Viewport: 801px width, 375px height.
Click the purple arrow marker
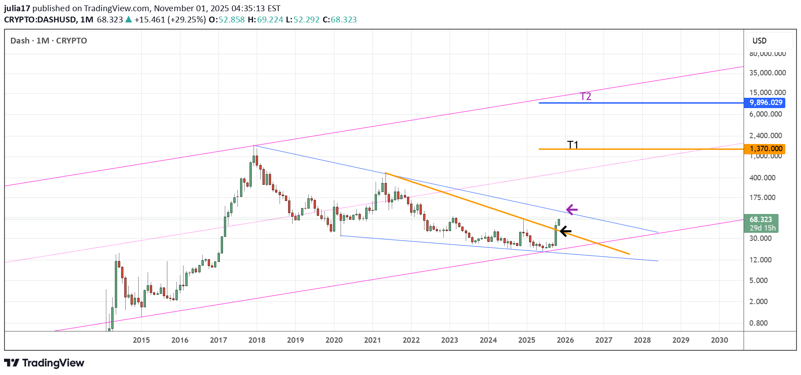coord(572,209)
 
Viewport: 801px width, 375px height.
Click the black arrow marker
coord(565,231)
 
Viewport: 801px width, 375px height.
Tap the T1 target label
coord(573,144)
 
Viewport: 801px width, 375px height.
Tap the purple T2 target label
coord(586,96)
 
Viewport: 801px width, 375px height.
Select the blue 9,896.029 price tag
coord(766,103)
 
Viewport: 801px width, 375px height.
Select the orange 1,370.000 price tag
coord(766,148)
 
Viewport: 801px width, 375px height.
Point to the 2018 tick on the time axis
coord(257,340)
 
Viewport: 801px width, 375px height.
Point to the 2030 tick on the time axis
coord(719,340)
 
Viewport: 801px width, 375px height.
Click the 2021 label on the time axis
coord(372,340)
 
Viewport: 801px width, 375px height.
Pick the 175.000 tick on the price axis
coord(762,197)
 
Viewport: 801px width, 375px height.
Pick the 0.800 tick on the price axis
coord(758,323)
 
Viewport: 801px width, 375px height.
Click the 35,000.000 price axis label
coord(767,73)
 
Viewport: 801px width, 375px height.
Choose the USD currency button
coord(760,41)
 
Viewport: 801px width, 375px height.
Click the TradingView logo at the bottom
coord(44,363)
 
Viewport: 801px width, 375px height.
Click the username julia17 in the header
coord(17,8)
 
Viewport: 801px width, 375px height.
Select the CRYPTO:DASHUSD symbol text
coord(40,20)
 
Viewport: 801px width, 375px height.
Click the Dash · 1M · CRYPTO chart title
coord(48,41)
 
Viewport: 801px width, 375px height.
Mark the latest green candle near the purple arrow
coord(559,222)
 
